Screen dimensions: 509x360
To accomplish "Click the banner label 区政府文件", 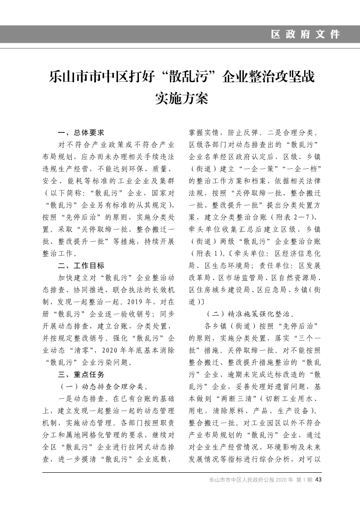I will click(305, 34).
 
